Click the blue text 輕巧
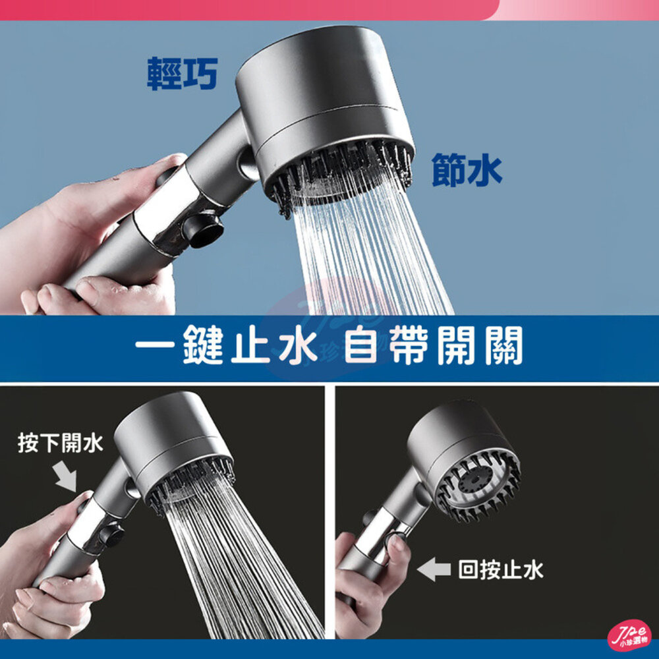[x=182, y=74]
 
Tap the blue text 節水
[x=467, y=170]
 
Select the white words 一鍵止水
[x=225, y=345]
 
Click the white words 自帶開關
[x=434, y=345]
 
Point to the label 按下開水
[x=61, y=443]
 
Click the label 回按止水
[x=501, y=570]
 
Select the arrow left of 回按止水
[x=434, y=570]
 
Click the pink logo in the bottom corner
[x=629, y=637]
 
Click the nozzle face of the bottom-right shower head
[x=478, y=488]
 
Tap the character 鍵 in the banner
[x=203, y=345]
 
